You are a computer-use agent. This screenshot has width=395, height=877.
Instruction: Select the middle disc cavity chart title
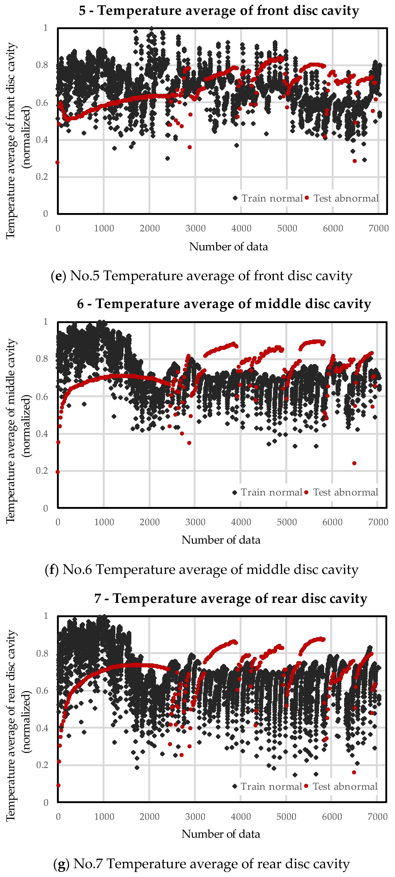(224, 304)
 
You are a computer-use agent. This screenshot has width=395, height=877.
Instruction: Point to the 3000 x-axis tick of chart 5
(196, 228)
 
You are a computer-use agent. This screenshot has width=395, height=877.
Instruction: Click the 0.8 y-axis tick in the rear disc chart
(42, 653)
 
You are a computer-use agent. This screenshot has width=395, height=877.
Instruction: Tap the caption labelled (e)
(201, 276)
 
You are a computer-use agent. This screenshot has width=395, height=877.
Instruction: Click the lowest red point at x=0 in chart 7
(58, 785)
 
